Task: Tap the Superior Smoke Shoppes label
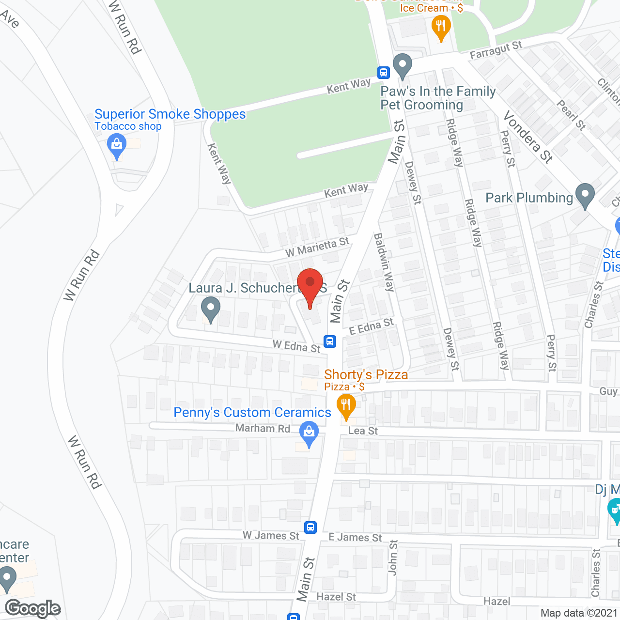170,114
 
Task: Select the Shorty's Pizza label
366,374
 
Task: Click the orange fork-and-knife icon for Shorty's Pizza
346,405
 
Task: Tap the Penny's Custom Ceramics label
252,412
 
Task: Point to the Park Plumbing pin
585,195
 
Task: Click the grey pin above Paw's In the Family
402,65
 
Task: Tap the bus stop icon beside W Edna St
330,341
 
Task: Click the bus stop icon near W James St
310,527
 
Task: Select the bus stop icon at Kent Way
384,73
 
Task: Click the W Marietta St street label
317,248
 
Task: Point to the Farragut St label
496,50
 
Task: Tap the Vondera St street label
528,137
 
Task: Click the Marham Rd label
263,428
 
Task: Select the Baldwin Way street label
384,262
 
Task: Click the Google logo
32,608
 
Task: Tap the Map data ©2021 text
579,613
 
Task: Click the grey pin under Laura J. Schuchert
211,309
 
